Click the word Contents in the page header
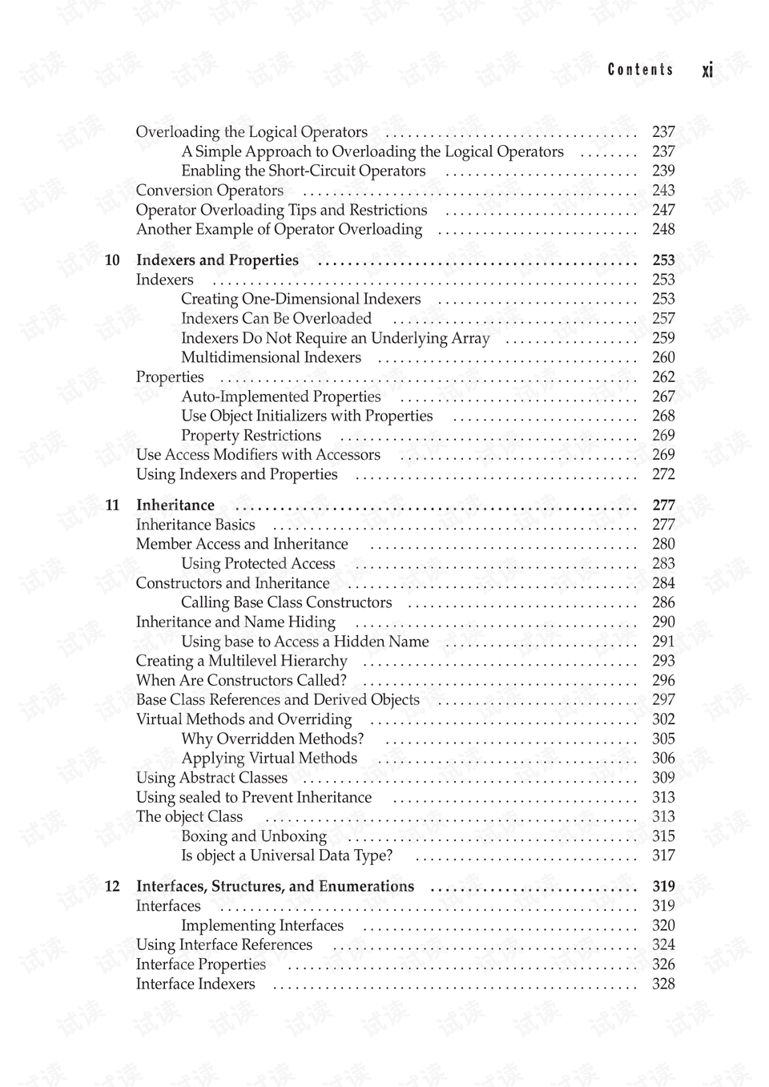pos(640,70)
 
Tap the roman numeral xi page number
pos(707,70)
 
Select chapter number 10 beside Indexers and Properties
pos(112,260)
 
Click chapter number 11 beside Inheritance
pos(112,505)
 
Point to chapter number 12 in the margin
pos(112,887)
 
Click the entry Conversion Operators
pos(209,191)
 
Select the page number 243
pos(663,191)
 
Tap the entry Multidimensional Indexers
pos(271,358)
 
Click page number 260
pos(663,358)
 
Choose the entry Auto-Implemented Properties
pos(280,397)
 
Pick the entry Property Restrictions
pos(251,436)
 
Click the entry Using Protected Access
pos(258,564)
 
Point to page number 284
pos(663,583)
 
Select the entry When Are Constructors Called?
pos(241,681)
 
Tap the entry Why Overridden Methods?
pos(272,739)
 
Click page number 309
pos(663,778)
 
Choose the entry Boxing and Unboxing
pos(254,836)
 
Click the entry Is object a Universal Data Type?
pos(287,856)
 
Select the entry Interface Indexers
pos(195,984)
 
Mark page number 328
pos(663,984)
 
